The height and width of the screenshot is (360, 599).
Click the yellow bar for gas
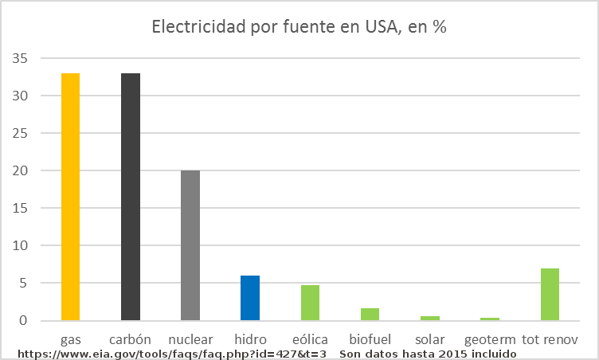tap(71, 197)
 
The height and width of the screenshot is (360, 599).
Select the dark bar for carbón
tap(131, 197)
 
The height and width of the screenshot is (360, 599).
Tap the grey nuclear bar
tap(190, 245)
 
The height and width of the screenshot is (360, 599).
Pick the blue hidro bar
tap(250, 298)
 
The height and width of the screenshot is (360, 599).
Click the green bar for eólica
tap(310, 303)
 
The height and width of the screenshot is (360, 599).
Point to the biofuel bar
tap(370, 315)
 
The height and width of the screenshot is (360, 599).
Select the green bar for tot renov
tap(550, 295)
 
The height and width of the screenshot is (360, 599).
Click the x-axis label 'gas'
tap(71, 338)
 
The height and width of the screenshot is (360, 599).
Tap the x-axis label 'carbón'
tap(131, 338)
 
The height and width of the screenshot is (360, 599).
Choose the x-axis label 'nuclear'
tap(190, 338)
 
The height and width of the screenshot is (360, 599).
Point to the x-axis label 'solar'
tap(429, 338)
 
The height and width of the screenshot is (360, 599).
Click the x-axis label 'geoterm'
tap(489, 338)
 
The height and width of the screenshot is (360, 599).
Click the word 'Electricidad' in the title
tap(199, 27)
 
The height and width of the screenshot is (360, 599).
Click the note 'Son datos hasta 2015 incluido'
tap(428, 353)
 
